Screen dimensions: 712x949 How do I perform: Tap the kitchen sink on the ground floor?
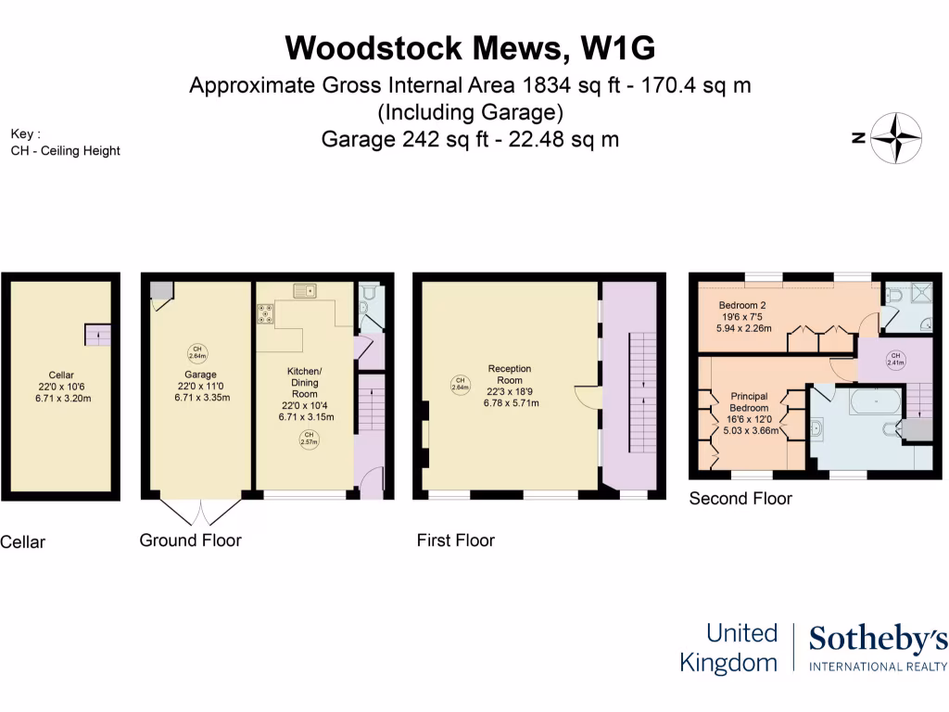[x=305, y=291]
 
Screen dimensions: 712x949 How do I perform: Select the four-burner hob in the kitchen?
[x=266, y=315]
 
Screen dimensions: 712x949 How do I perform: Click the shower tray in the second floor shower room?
[x=920, y=296]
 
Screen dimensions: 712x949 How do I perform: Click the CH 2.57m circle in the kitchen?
[x=309, y=439]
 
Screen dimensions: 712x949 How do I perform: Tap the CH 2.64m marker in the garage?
[x=197, y=351]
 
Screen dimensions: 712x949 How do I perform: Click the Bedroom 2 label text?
[x=741, y=305]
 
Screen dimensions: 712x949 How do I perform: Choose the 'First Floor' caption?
[x=456, y=540]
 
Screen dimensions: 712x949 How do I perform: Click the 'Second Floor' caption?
[x=740, y=499]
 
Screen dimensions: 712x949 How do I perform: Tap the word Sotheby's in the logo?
[x=878, y=639]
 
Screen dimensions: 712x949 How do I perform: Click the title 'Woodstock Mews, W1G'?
[x=474, y=47]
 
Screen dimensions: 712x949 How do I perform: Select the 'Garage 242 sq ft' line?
[x=470, y=140]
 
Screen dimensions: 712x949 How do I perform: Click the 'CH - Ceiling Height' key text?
[x=66, y=150]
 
